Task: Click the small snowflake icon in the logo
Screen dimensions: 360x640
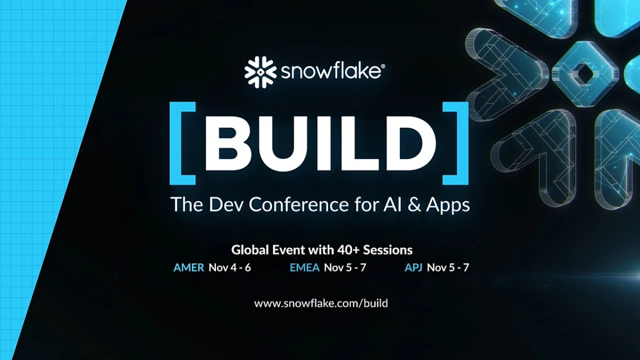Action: [260, 72]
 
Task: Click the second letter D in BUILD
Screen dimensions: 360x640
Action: [407, 144]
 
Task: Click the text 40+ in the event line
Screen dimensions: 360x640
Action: [347, 249]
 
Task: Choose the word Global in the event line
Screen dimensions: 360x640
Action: [250, 249]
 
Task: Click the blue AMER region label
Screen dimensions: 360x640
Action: [188, 267]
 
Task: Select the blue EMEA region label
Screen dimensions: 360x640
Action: [304, 267]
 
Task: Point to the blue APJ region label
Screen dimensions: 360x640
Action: [413, 267]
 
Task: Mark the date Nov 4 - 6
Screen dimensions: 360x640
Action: [229, 267]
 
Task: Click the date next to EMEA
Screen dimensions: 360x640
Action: [345, 267]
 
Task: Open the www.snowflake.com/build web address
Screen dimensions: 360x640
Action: [321, 303]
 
